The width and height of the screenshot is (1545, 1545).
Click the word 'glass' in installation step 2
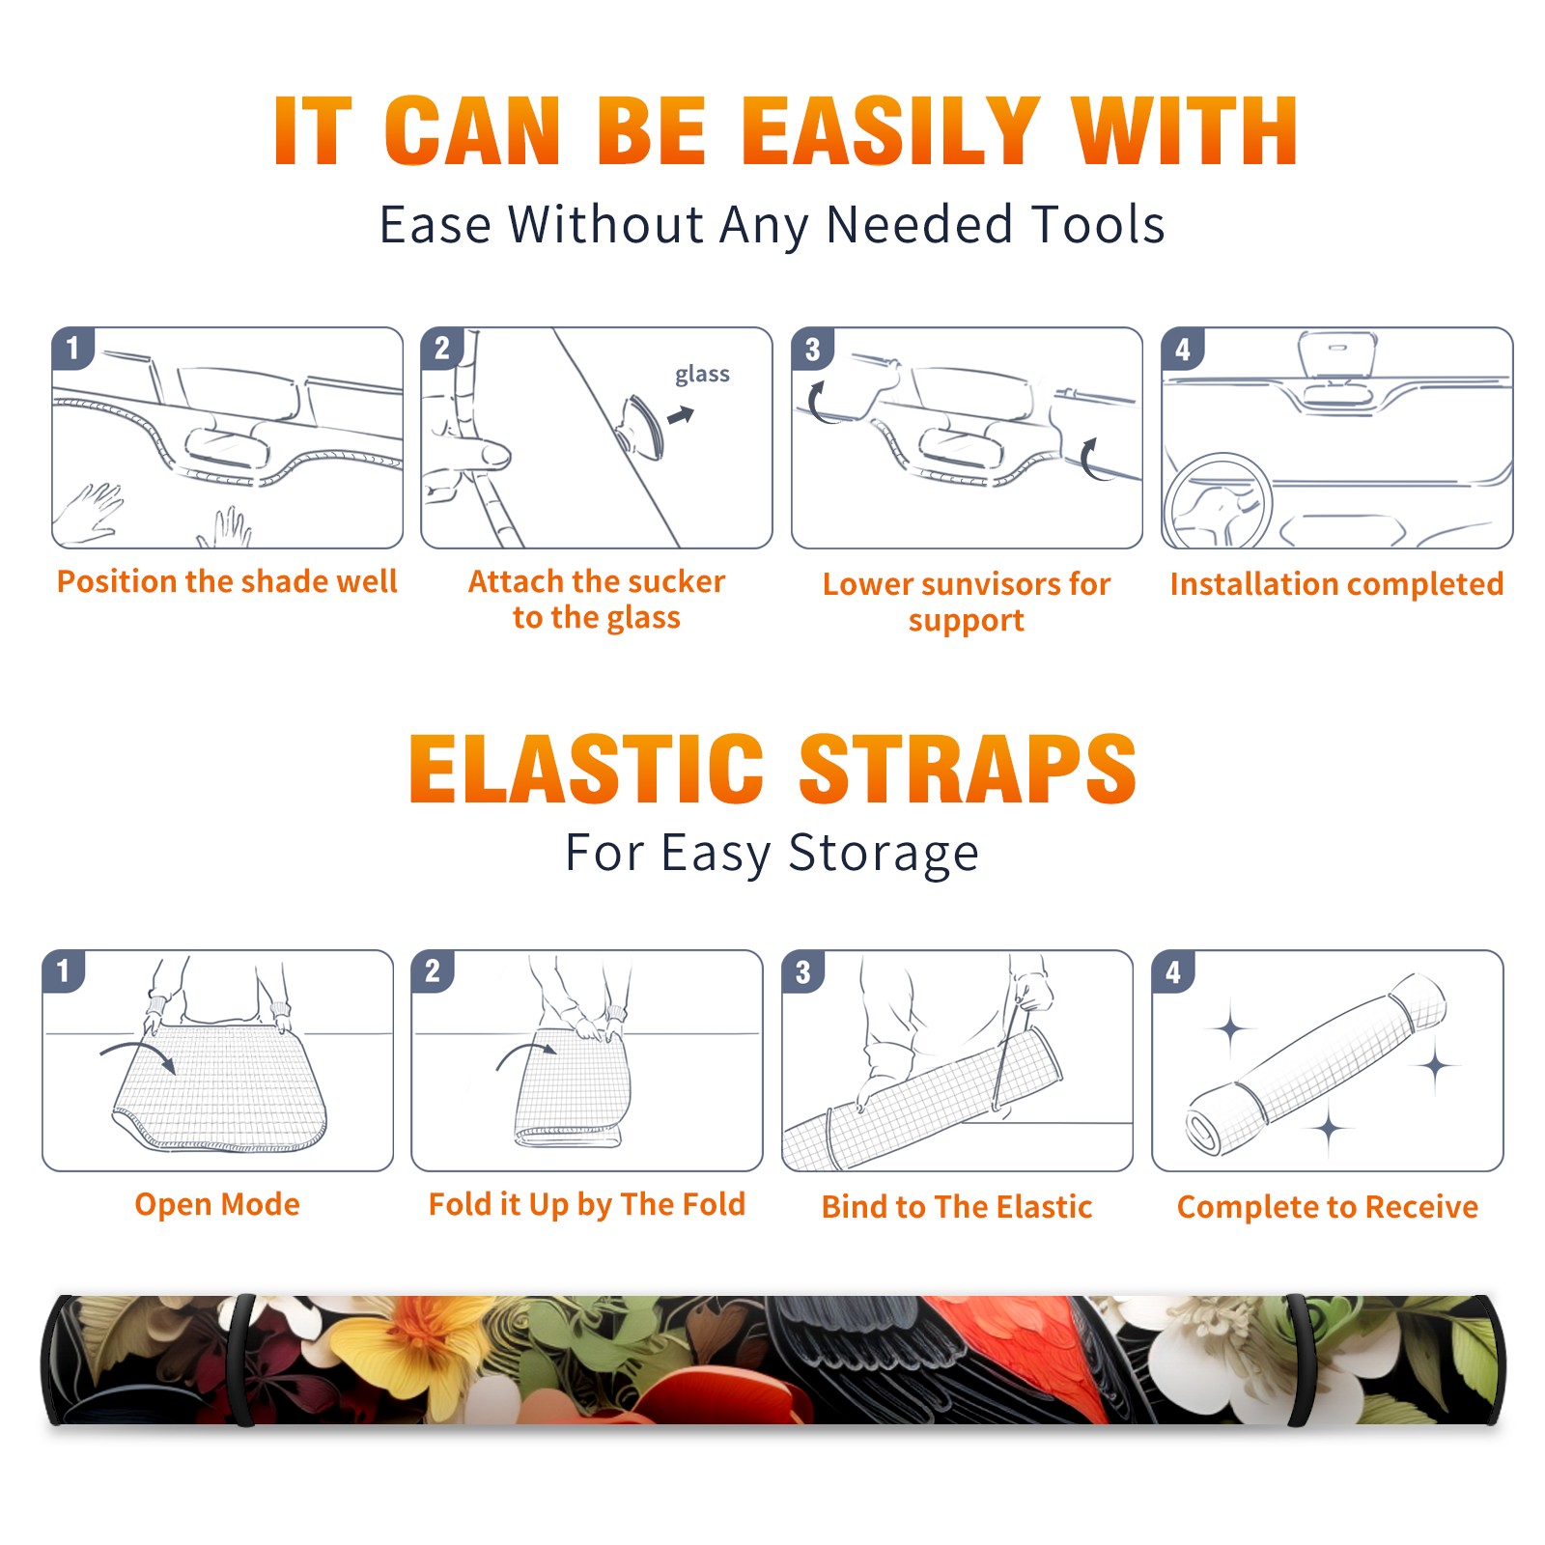[x=702, y=374]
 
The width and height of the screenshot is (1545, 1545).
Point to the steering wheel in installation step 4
[x=1218, y=501]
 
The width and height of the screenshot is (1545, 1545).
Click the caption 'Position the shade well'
[x=227, y=581]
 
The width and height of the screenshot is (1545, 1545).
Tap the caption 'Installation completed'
[x=1336, y=583]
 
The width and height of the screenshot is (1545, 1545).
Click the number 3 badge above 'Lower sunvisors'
[x=812, y=349]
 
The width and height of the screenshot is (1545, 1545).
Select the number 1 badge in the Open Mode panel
[x=64, y=970]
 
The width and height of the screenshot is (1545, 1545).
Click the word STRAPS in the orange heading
[x=968, y=769]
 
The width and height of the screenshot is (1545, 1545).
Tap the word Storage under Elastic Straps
[x=884, y=854]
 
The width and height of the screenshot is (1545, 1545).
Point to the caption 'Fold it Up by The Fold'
[x=587, y=1204]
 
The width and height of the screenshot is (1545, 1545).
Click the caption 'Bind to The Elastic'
[x=957, y=1207]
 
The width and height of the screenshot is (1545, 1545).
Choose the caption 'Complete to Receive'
[x=1328, y=1207]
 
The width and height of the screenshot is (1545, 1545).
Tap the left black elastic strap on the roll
[x=241, y=1361]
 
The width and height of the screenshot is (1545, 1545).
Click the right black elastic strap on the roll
[x=1300, y=1361]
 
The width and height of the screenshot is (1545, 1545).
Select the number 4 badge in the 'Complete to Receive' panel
[x=1173, y=971]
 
